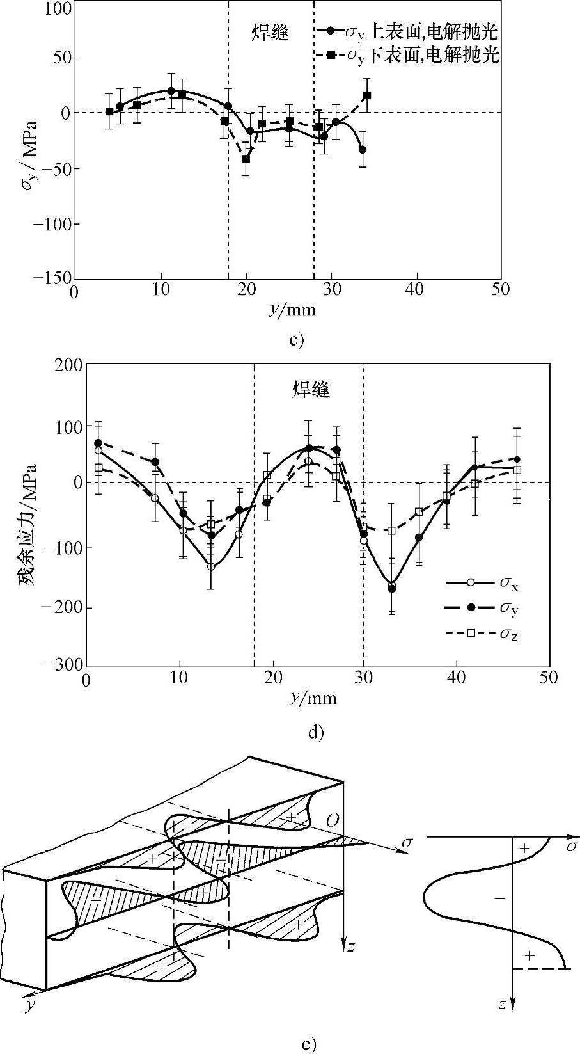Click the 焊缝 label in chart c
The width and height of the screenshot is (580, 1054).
tap(270, 33)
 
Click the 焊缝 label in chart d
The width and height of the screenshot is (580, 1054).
tap(311, 389)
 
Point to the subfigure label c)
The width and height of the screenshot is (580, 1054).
tap(295, 339)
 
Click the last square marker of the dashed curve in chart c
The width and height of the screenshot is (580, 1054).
tap(367, 95)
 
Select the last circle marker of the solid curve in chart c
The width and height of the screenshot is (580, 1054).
tap(363, 150)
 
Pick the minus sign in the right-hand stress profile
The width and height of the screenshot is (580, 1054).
tap(500, 898)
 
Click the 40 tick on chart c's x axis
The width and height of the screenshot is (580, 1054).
tap(416, 290)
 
